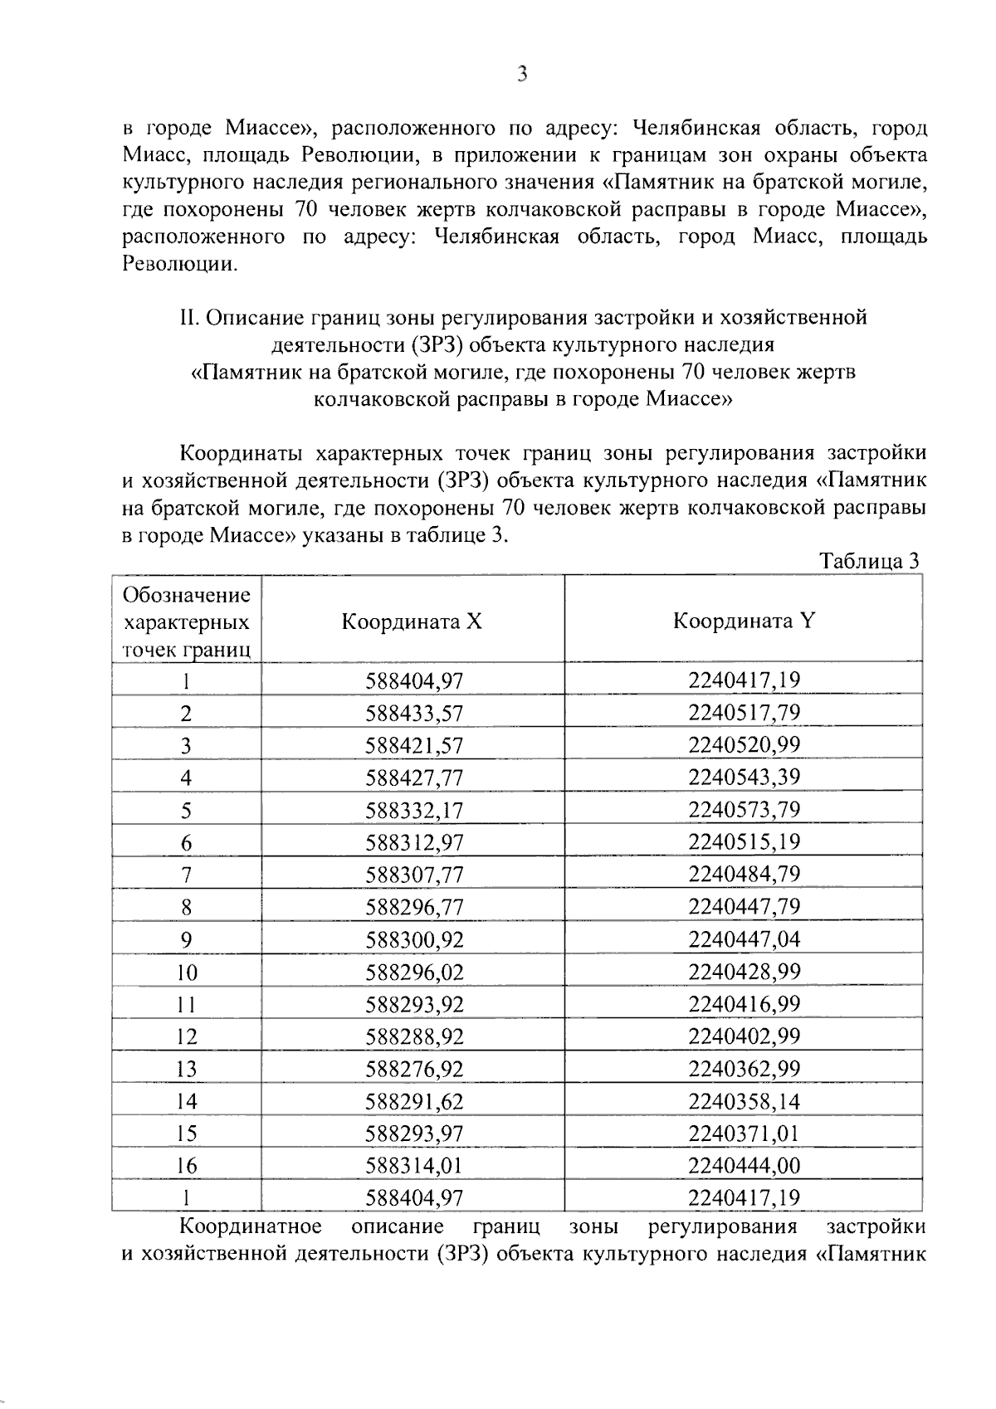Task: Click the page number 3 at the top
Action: click(522, 74)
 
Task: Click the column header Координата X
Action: click(412, 622)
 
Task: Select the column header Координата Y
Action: click(744, 621)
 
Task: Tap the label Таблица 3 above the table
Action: click(869, 561)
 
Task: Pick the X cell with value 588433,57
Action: click(413, 714)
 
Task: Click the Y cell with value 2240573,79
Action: click(744, 810)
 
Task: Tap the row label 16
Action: click(186, 1166)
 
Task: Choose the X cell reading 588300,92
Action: click(413, 940)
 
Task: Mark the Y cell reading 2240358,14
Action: click(744, 1101)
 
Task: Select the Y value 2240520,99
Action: click(744, 745)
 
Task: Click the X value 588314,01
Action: click(413, 1166)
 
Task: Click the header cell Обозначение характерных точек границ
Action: click(186, 622)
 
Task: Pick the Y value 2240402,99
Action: click(744, 1036)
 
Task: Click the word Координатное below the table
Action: click(251, 1226)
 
